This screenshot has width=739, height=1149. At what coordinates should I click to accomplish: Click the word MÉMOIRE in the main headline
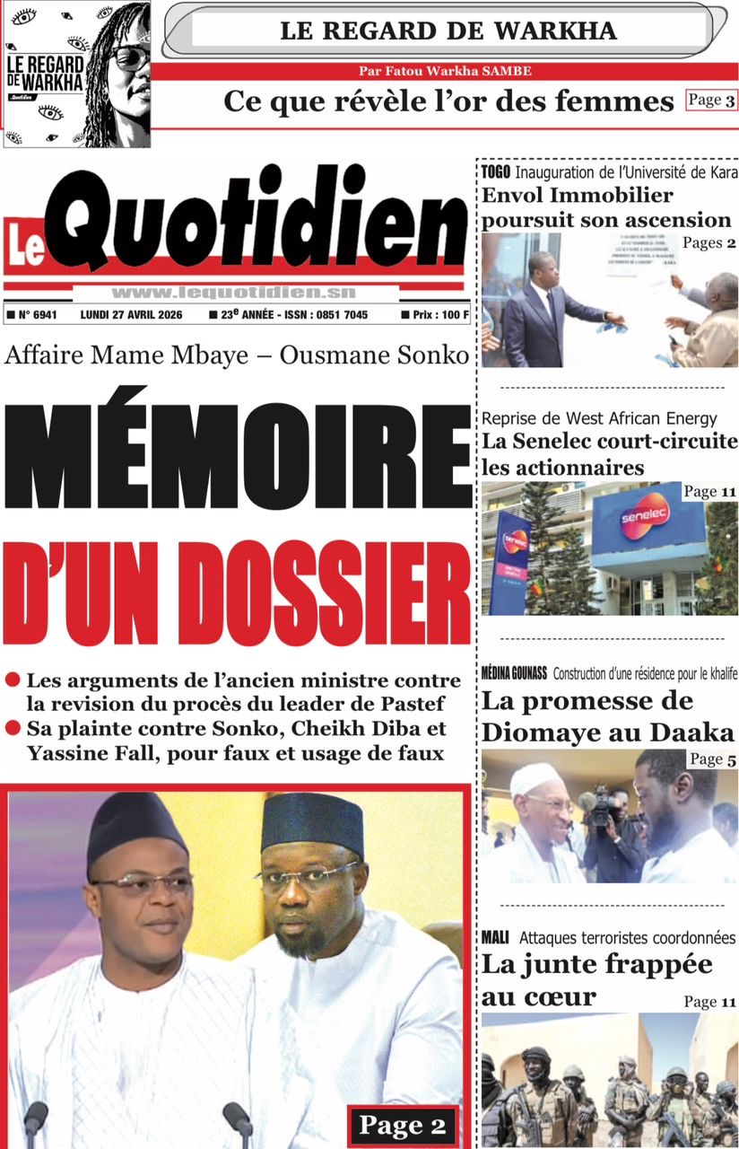pyautogui.click(x=237, y=457)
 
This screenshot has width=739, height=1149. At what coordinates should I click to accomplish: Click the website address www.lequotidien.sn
pyautogui.click(x=234, y=293)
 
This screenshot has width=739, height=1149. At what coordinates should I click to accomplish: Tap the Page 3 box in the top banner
pyautogui.click(x=711, y=101)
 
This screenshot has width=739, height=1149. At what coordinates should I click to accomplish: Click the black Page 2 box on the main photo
pyautogui.click(x=402, y=1125)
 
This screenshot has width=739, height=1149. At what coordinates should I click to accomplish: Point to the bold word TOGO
pyautogui.click(x=495, y=171)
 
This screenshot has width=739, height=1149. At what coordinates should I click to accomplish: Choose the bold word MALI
pyautogui.click(x=495, y=938)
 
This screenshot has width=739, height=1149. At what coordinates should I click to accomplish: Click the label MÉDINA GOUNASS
pyautogui.click(x=514, y=674)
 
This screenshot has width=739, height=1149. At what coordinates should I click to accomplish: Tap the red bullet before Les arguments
pyautogui.click(x=13, y=680)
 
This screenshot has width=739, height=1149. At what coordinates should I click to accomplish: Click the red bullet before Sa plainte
pyautogui.click(x=13, y=729)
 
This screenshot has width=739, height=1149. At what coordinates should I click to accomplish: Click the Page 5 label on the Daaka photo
pyautogui.click(x=713, y=760)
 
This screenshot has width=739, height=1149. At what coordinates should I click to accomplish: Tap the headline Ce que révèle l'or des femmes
pyautogui.click(x=448, y=101)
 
